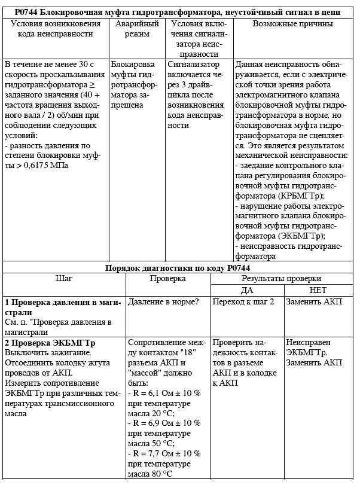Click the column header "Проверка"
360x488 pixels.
[x=167, y=278]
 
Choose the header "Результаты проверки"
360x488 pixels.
[x=281, y=278]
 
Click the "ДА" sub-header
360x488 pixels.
[x=247, y=290]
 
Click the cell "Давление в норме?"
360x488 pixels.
[x=163, y=302]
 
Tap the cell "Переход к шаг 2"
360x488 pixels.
[x=243, y=302]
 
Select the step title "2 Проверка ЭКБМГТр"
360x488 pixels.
[x=50, y=343]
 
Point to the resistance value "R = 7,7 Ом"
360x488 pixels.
[x=151, y=453]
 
